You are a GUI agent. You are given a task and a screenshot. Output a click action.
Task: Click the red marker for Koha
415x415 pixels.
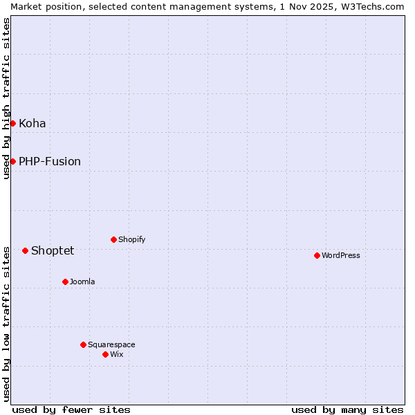click(x=12, y=123)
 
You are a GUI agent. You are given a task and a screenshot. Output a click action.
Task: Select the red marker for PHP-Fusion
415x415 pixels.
click(x=12, y=161)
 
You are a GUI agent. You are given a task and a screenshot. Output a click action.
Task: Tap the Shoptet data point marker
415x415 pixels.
click(x=25, y=250)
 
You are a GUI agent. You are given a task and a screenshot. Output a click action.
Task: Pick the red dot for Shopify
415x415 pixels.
click(x=113, y=239)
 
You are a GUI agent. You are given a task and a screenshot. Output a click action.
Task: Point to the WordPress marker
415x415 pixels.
click(x=317, y=255)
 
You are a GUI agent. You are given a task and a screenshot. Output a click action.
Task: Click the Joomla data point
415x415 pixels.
click(x=65, y=282)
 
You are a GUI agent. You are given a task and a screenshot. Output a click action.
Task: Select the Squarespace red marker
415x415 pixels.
click(x=83, y=344)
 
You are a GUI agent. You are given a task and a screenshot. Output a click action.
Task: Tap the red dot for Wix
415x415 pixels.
click(x=105, y=354)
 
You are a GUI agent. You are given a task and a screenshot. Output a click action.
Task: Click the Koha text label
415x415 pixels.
click(x=33, y=124)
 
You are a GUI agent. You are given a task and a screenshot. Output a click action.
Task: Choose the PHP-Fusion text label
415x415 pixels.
click(x=50, y=162)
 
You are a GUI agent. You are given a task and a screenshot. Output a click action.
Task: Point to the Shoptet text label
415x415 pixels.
click(x=53, y=251)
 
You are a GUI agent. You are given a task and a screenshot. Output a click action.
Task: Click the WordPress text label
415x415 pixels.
click(x=341, y=256)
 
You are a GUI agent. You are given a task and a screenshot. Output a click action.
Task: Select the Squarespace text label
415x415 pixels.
click(x=111, y=345)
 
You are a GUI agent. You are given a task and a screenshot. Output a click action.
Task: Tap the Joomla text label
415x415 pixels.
click(x=82, y=282)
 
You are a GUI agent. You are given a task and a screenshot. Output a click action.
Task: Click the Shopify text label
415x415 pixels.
click(x=131, y=240)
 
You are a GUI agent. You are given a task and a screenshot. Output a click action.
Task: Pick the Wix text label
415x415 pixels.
click(x=116, y=355)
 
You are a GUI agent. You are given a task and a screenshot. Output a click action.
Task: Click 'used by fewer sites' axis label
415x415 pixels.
click(x=71, y=409)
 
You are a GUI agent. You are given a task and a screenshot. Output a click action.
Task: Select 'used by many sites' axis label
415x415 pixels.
click(x=347, y=409)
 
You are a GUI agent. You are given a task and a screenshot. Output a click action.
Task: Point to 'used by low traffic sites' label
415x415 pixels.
click(x=7, y=323)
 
